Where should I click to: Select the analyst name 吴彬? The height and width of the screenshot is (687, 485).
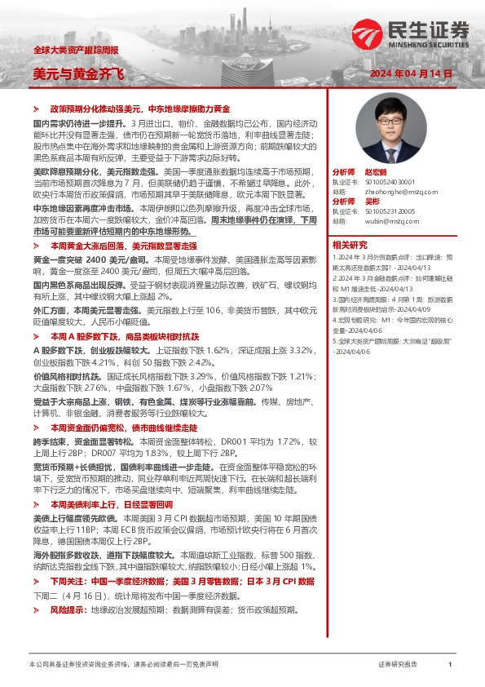(372, 201)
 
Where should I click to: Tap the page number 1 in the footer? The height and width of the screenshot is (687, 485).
(450, 665)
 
